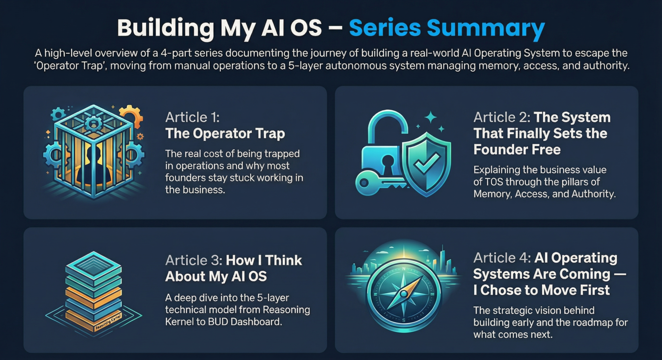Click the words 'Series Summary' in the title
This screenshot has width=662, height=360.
[446, 27]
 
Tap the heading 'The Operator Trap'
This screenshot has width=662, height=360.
[225, 133]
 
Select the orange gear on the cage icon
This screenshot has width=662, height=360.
[131, 116]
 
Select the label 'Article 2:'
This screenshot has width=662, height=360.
[501, 117]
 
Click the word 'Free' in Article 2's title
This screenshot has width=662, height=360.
[544, 150]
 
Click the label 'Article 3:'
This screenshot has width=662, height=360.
[193, 260]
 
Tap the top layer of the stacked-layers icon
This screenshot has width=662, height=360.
[93, 260]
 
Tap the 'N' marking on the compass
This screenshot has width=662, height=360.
[404, 269]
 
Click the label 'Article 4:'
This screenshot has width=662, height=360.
[501, 258]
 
